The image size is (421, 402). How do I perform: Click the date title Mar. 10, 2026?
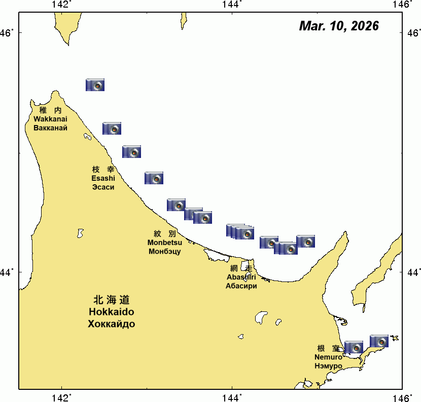tap(339, 26)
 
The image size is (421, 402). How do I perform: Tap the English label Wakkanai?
tap(50, 118)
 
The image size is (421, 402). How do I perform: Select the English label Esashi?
tap(103, 178)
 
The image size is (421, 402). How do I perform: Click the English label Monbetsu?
tap(165, 243)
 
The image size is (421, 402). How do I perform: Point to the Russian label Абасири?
tap(241, 286)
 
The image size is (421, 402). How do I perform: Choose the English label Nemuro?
tap(328, 357)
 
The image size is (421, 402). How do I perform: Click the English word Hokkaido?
tap(112, 311)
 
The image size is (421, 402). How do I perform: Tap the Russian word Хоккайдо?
tap(112, 324)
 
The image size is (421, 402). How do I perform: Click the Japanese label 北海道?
tap(112, 299)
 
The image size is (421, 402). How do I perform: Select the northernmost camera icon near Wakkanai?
tap(95, 85)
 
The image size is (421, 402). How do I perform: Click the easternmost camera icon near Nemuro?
tap(379, 341)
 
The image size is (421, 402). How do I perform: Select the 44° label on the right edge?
tap(413, 272)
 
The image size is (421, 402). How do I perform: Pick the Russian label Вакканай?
tap(50, 127)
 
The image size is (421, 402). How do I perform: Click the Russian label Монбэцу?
tap(165, 251)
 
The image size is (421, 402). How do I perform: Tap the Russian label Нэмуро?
tap(328, 366)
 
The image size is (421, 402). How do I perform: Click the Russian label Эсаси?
tap(103, 187)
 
